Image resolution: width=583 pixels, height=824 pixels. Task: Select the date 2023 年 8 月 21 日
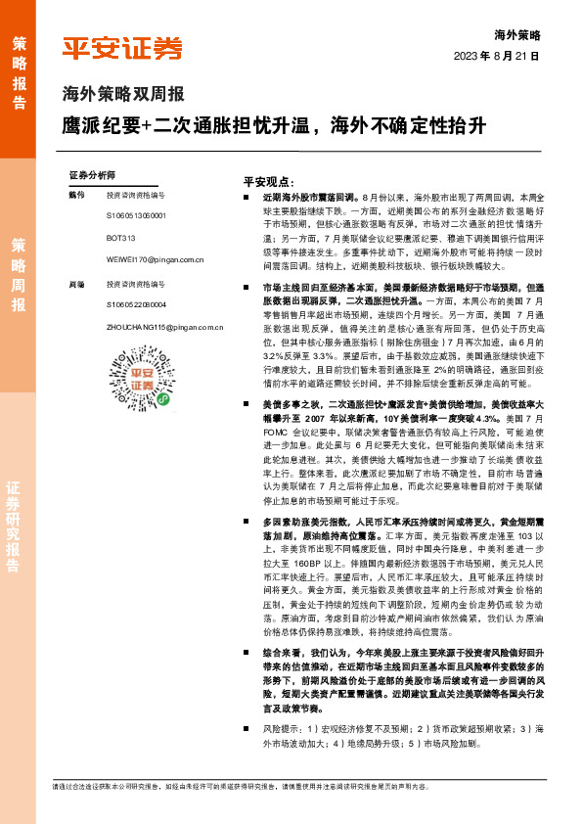coord(497,56)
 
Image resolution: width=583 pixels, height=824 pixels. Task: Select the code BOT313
coord(120,238)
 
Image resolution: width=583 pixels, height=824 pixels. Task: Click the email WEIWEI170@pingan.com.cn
coord(155,260)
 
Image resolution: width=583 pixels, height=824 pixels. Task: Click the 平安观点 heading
coord(269,182)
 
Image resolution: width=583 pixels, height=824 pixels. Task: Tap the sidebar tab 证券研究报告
coord(19,527)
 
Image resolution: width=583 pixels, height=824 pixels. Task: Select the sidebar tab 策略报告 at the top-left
coord(19,70)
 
